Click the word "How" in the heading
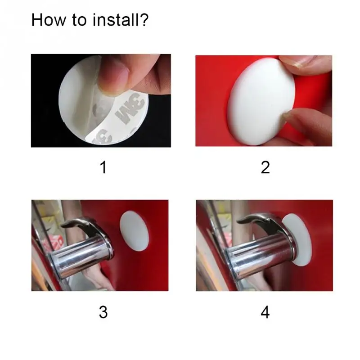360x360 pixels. point(49,20)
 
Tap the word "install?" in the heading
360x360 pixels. point(121,20)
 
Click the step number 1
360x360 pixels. point(103,167)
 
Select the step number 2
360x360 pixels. point(265,167)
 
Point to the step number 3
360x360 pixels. point(103,312)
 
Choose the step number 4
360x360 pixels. point(265,312)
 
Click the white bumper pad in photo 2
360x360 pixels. point(261,101)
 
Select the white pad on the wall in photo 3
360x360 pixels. point(134,230)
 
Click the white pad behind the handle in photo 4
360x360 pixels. point(297,239)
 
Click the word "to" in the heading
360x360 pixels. point(80,21)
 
